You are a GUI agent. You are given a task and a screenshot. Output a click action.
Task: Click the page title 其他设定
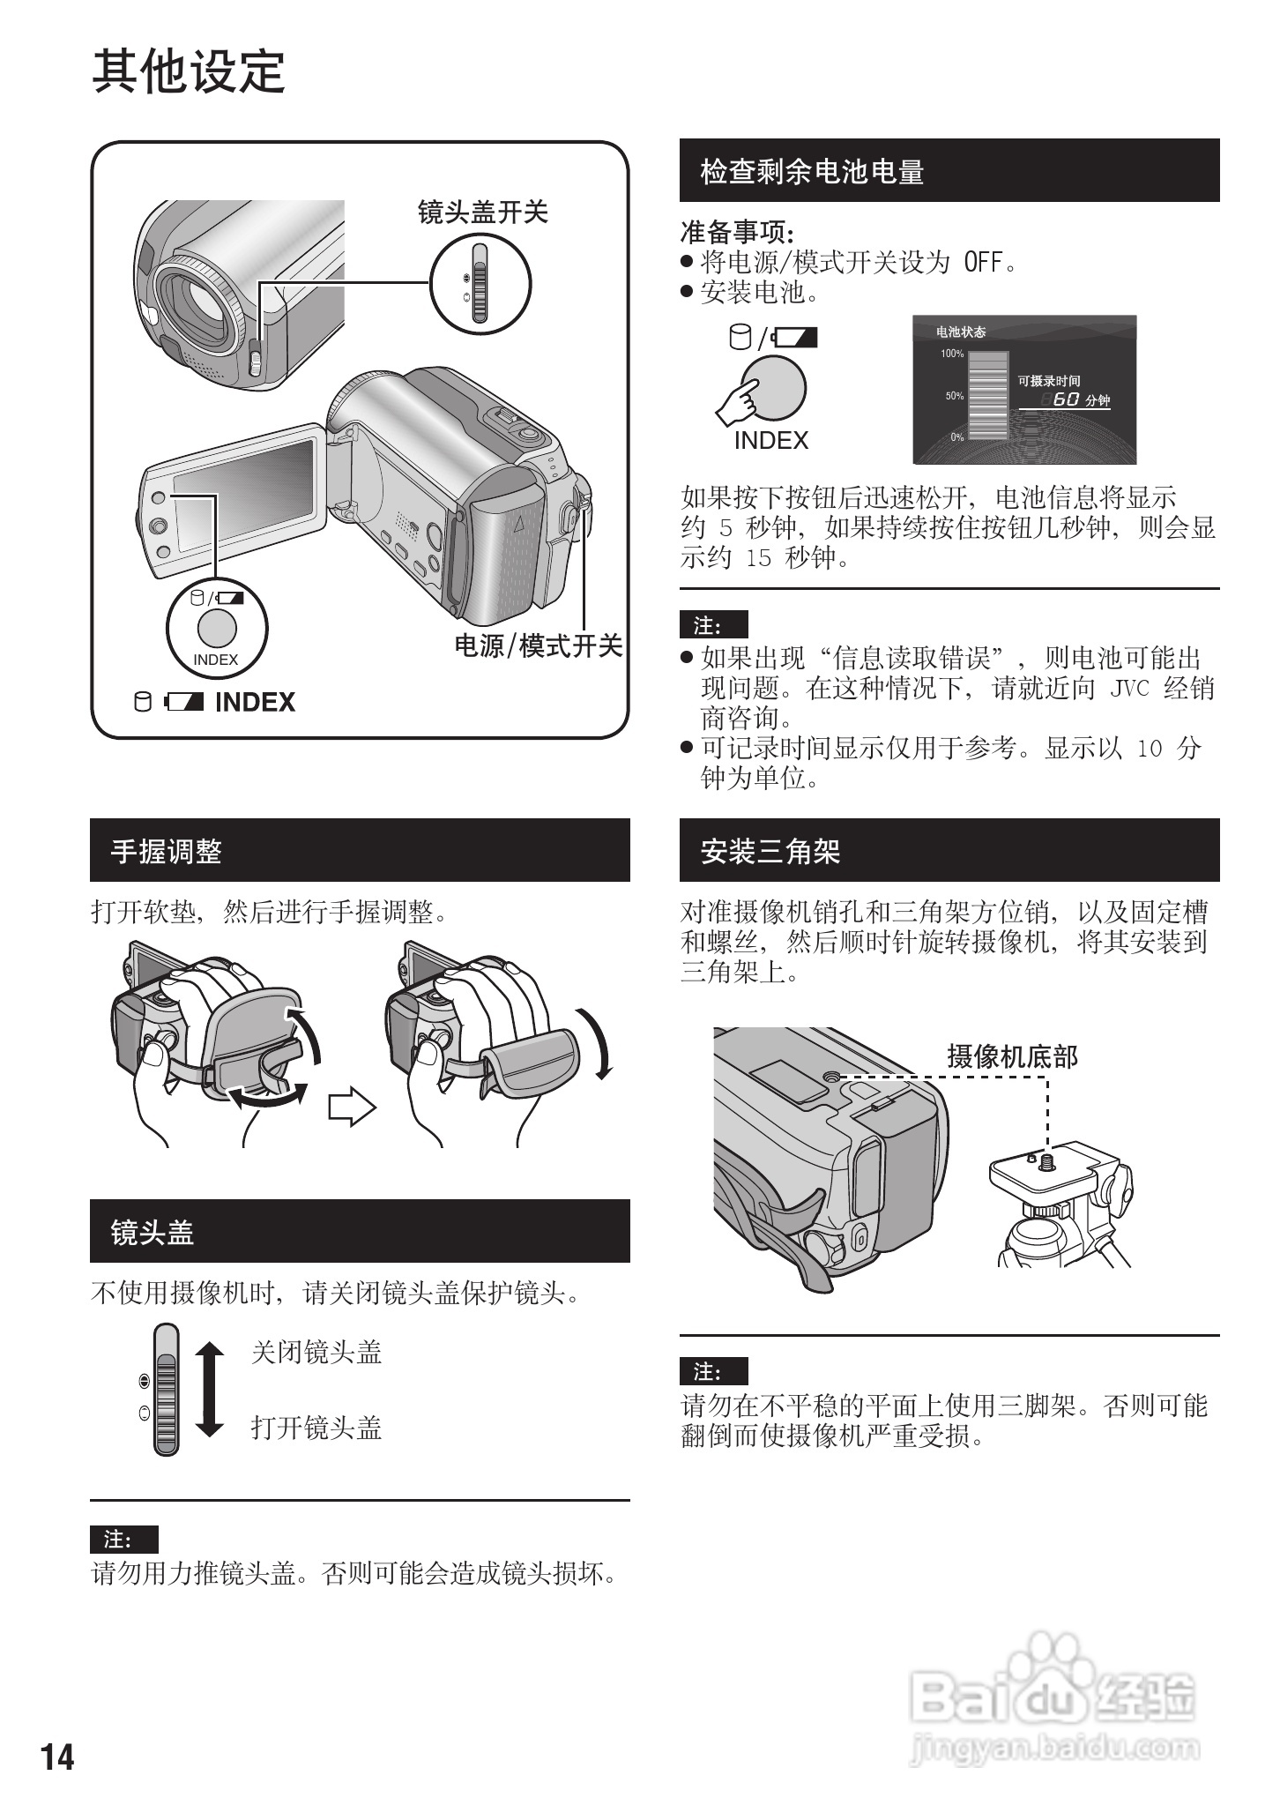click(189, 71)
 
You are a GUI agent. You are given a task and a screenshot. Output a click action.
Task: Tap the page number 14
click(57, 1757)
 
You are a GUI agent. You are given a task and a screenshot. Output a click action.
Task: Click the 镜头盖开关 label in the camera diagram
click(483, 212)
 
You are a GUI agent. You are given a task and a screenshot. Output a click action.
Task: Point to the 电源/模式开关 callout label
click(539, 645)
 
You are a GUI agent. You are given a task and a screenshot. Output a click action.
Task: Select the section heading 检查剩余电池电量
click(812, 171)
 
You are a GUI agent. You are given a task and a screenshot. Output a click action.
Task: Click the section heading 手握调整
click(166, 851)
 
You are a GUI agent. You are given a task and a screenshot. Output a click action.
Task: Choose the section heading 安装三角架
click(770, 851)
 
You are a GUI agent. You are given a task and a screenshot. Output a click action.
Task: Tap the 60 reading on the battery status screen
click(1067, 399)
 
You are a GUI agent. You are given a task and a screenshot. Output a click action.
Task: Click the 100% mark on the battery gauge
click(952, 354)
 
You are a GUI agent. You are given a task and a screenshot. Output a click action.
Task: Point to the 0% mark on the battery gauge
click(956, 437)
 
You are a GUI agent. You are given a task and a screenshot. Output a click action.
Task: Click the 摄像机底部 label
click(1013, 1056)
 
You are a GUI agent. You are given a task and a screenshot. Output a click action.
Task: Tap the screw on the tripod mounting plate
click(1047, 1160)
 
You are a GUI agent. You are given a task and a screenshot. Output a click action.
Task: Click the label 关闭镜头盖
click(316, 1353)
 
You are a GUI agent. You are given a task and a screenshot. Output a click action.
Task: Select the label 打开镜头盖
click(316, 1428)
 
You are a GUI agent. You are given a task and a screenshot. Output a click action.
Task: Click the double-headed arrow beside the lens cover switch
click(209, 1390)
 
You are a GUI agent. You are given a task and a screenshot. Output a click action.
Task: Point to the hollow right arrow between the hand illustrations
click(352, 1108)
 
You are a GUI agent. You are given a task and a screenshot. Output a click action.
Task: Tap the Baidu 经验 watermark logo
click(1053, 1697)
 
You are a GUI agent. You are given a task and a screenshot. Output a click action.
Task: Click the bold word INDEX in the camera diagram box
click(255, 702)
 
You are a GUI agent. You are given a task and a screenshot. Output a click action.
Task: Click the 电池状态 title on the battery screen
click(961, 332)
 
